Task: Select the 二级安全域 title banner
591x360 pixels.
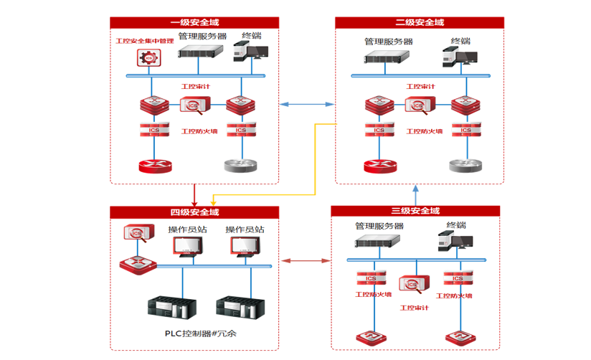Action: (419, 23)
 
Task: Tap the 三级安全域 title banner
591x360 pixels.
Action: (415, 211)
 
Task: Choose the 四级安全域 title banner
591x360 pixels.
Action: (194, 212)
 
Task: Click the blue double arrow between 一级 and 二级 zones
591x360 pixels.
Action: (306, 105)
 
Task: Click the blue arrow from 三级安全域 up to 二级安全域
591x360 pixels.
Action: (416, 193)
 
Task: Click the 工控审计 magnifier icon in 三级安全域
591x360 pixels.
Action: (413, 285)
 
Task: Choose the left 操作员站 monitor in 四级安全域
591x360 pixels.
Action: (188, 246)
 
